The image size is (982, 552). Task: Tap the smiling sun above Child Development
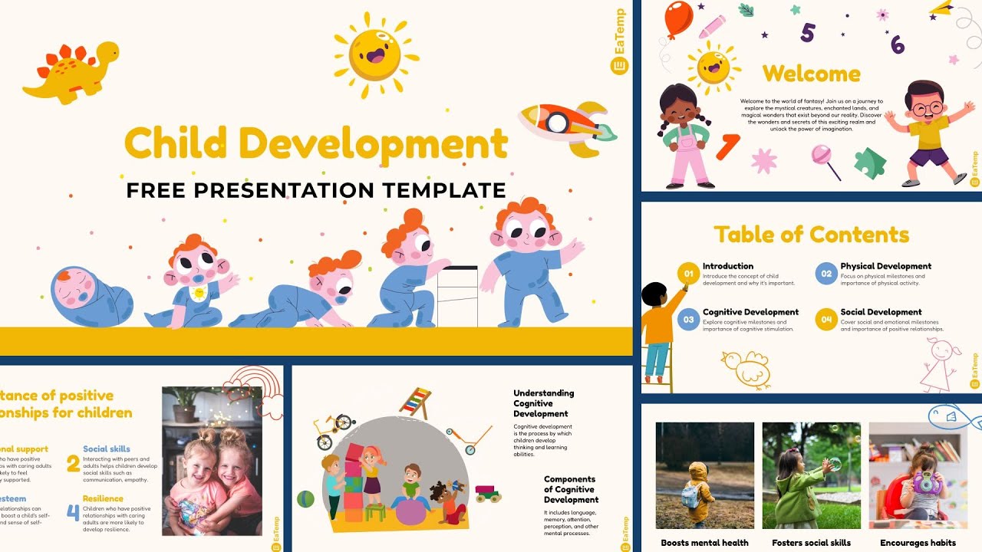click(x=375, y=54)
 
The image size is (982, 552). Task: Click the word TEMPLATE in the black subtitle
click(x=440, y=190)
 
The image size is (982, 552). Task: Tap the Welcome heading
click(x=811, y=74)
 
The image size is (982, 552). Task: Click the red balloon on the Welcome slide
click(x=678, y=19)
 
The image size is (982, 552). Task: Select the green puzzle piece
click(x=871, y=163)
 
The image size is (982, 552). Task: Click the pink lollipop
click(x=823, y=157)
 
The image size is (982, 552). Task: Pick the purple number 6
click(x=897, y=45)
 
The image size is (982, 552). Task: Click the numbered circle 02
click(x=825, y=274)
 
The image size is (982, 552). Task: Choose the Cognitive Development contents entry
click(x=750, y=312)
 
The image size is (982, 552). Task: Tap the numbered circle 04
click(x=825, y=320)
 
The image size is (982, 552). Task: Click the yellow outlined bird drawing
click(x=744, y=367)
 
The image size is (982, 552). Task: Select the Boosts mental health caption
click(x=704, y=543)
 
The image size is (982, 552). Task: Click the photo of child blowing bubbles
click(x=811, y=475)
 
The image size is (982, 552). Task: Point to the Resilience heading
click(x=103, y=499)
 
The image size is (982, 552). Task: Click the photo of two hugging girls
click(x=212, y=460)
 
